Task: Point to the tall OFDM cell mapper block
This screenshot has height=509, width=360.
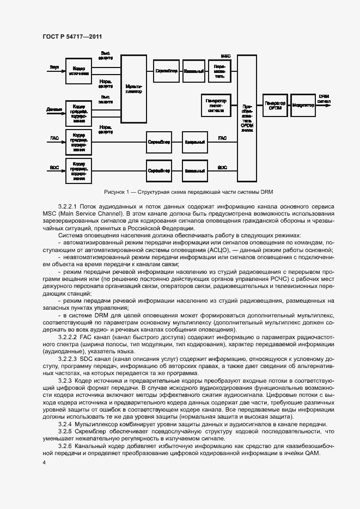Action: [x=247, y=118]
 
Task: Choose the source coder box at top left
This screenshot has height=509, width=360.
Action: [x=78, y=71]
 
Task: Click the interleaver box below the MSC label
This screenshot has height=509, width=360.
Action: [x=219, y=71]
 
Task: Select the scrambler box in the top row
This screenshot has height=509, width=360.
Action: [x=165, y=71]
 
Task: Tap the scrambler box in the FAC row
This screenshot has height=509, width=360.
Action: [x=159, y=142]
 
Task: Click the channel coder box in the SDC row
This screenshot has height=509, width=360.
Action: [x=195, y=170]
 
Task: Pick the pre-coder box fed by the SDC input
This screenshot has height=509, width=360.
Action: [x=78, y=171]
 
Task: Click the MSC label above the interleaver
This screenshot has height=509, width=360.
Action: [x=225, y=56]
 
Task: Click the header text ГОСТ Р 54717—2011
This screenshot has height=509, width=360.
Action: [x=72, y=36]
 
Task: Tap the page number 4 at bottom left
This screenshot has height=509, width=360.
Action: [x=44, y=462]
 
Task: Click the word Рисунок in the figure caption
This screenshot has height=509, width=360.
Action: [x=116, y=192]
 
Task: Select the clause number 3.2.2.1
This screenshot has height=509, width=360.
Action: [x=68, y=207]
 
